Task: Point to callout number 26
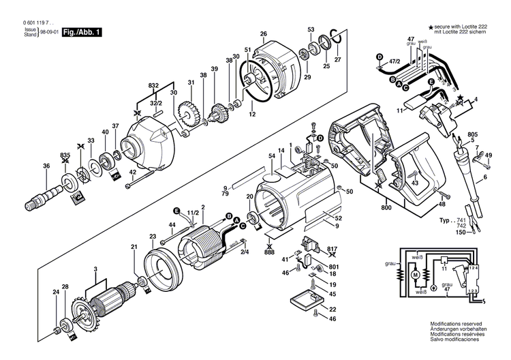pyautogui.click(x=263, y=34)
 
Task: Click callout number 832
pyautogui.click(x=153, y=85)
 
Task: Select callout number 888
pyautogui.click(x=270, y=252)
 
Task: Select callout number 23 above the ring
pyautogui.click(x=153, y=236)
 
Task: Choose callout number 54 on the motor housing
pyautogui.click(x=270, y=157)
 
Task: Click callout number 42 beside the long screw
pyautogui.click(x=148, y=172)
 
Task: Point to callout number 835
pyautogui.click(x=65, y=156)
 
